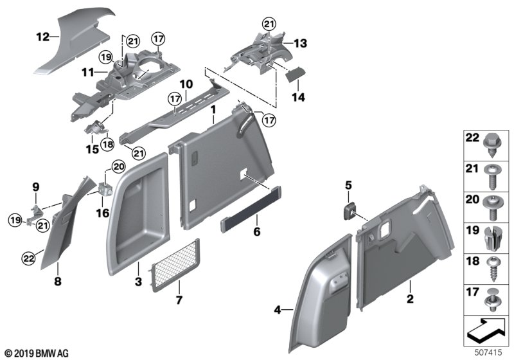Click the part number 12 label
42,37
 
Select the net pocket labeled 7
173,265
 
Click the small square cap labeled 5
350,210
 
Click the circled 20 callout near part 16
118,167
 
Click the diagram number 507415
492,352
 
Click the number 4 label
278,310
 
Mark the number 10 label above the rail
186,85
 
